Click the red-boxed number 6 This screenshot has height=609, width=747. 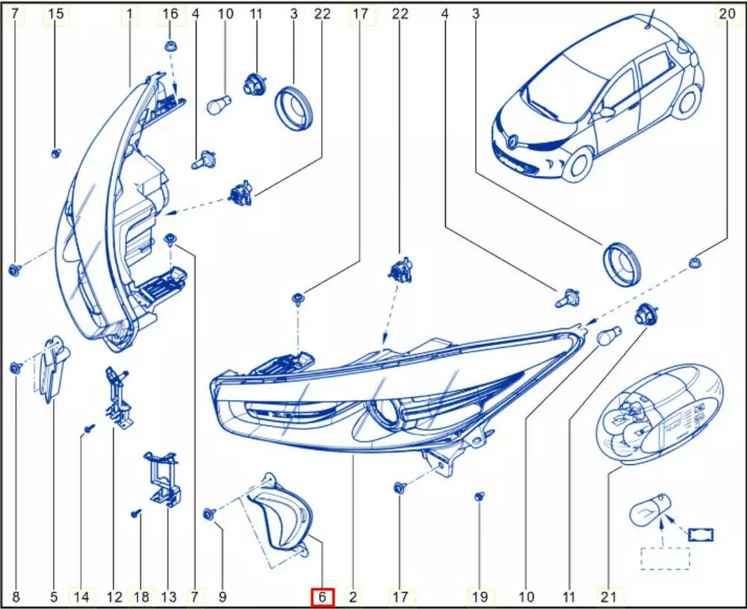[322, 597]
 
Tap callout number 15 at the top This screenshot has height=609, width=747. [56, 14]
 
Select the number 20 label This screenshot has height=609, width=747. [727, 14]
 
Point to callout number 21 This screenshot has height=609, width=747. [609, 597]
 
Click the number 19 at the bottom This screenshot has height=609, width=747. [480, 597]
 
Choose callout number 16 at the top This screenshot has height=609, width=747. [170, 14]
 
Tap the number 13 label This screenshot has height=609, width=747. [169, 597]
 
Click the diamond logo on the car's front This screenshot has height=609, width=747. [513, 141]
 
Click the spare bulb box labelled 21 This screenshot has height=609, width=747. [660, 413]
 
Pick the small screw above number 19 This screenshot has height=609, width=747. [480, 496]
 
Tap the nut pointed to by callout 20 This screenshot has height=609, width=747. [695, 262]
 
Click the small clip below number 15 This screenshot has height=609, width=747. [56, 153]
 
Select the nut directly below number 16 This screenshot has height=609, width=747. [170, 47]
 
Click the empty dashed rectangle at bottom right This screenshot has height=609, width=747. [665, 558]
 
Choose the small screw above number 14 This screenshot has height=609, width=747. [89, 428]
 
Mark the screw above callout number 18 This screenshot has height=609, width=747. [137, 513]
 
